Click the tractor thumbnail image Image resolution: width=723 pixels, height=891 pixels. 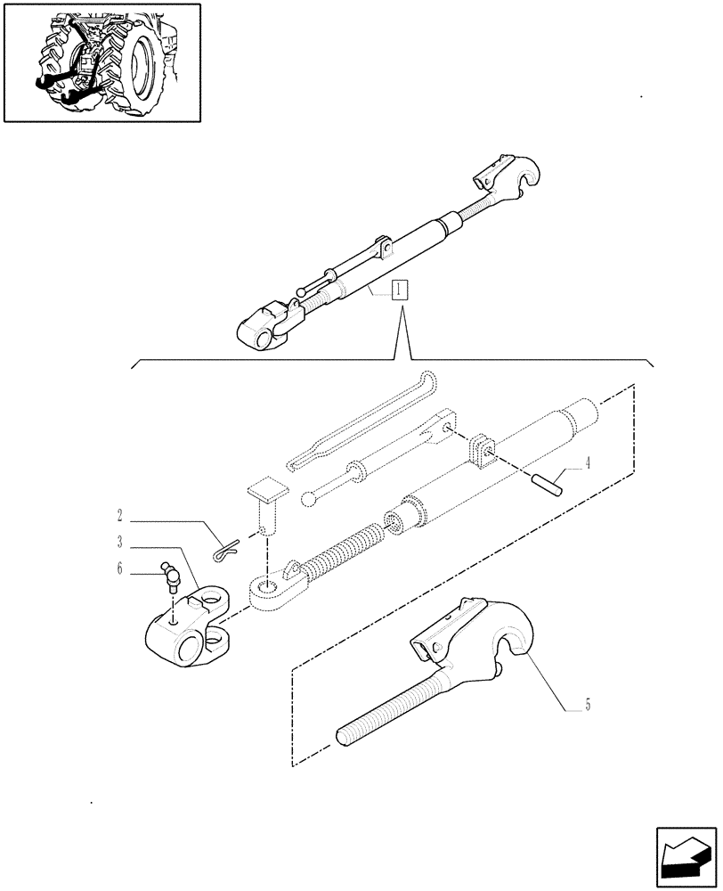[x=102, y=62]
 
